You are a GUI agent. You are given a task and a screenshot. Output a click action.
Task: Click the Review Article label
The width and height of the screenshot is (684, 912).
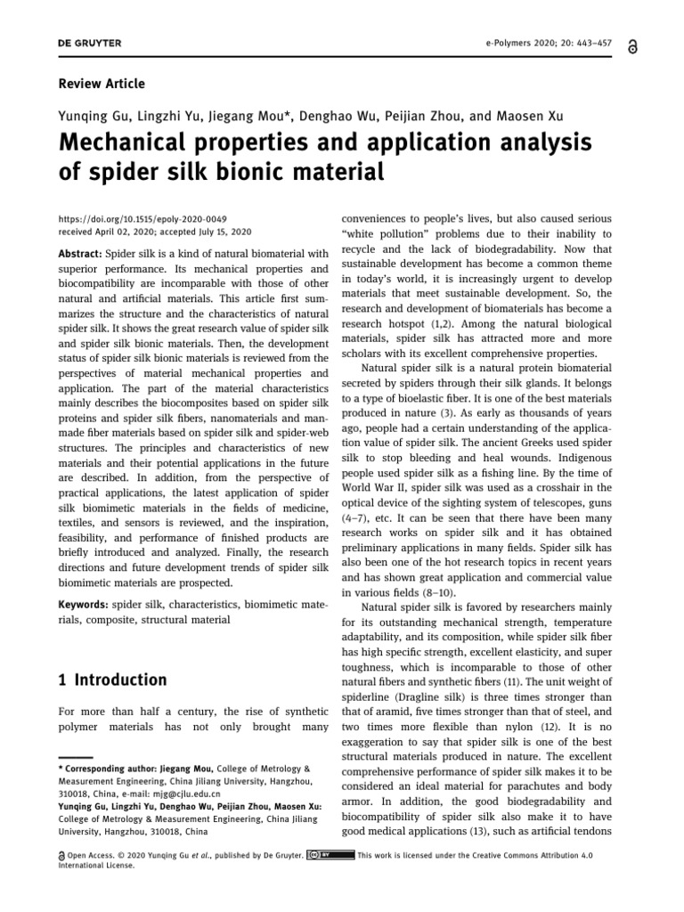pos(101,84)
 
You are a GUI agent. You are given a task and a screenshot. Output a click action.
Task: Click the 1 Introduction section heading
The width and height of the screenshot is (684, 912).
pos(111,680)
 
